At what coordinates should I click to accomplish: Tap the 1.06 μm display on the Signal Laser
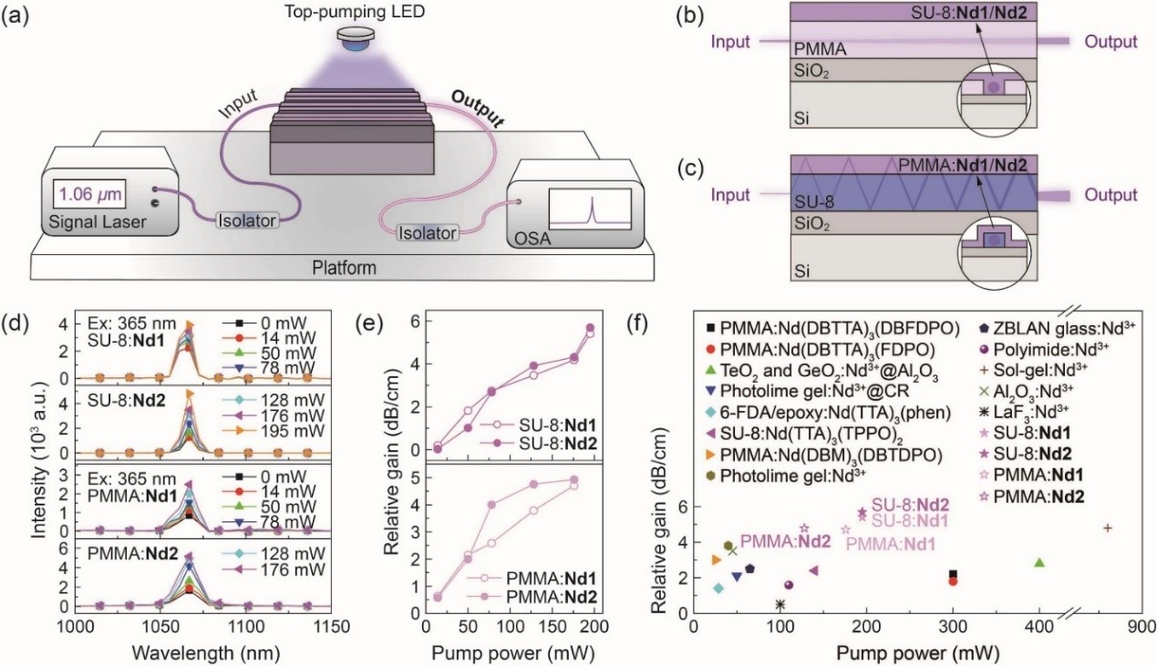tap(89, 195)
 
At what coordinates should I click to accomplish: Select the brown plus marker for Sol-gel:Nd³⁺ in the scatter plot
tap(1108, 528)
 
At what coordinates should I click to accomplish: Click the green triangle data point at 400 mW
tap(1038, 562)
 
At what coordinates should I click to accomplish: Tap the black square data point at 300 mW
tap(953, 574)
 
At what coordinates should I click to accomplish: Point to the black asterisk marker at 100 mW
tap(780, 604)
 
